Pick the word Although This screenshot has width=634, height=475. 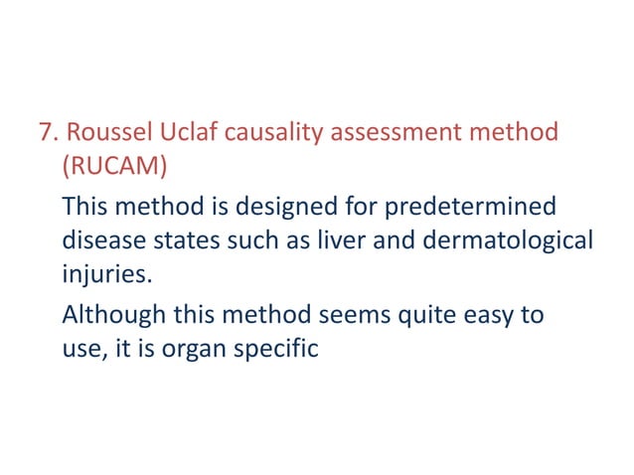pyautogui.click(x=111, y=316)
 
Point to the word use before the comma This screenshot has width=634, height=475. pyautogui.click(x=81, y=349)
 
